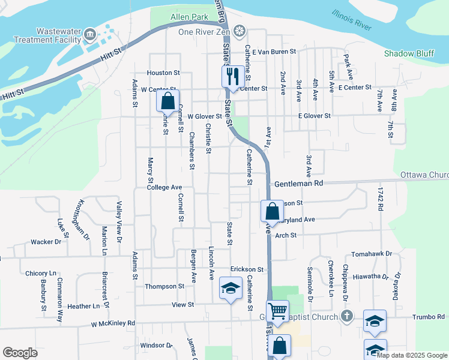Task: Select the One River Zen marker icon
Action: (x=240, y=31)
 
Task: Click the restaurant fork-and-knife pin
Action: (x=231, y=76)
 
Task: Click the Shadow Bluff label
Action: (x=409, y=53)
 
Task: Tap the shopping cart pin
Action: (x=277, y=311)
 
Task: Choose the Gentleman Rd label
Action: (x=298, y=183)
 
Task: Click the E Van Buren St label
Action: (x=274, y=52)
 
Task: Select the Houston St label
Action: (x=163, y=73)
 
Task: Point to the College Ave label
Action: (x=164, y=187)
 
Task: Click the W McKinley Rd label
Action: (x=113, y=323)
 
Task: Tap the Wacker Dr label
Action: (x=46, y=242)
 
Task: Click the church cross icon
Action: (x=346, y=316)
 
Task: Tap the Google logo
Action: (x=20, y=353)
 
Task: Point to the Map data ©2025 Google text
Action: (x=412, y=355)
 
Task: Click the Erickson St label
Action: (x=247, y=269)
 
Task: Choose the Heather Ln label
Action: (x=83, y=306)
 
